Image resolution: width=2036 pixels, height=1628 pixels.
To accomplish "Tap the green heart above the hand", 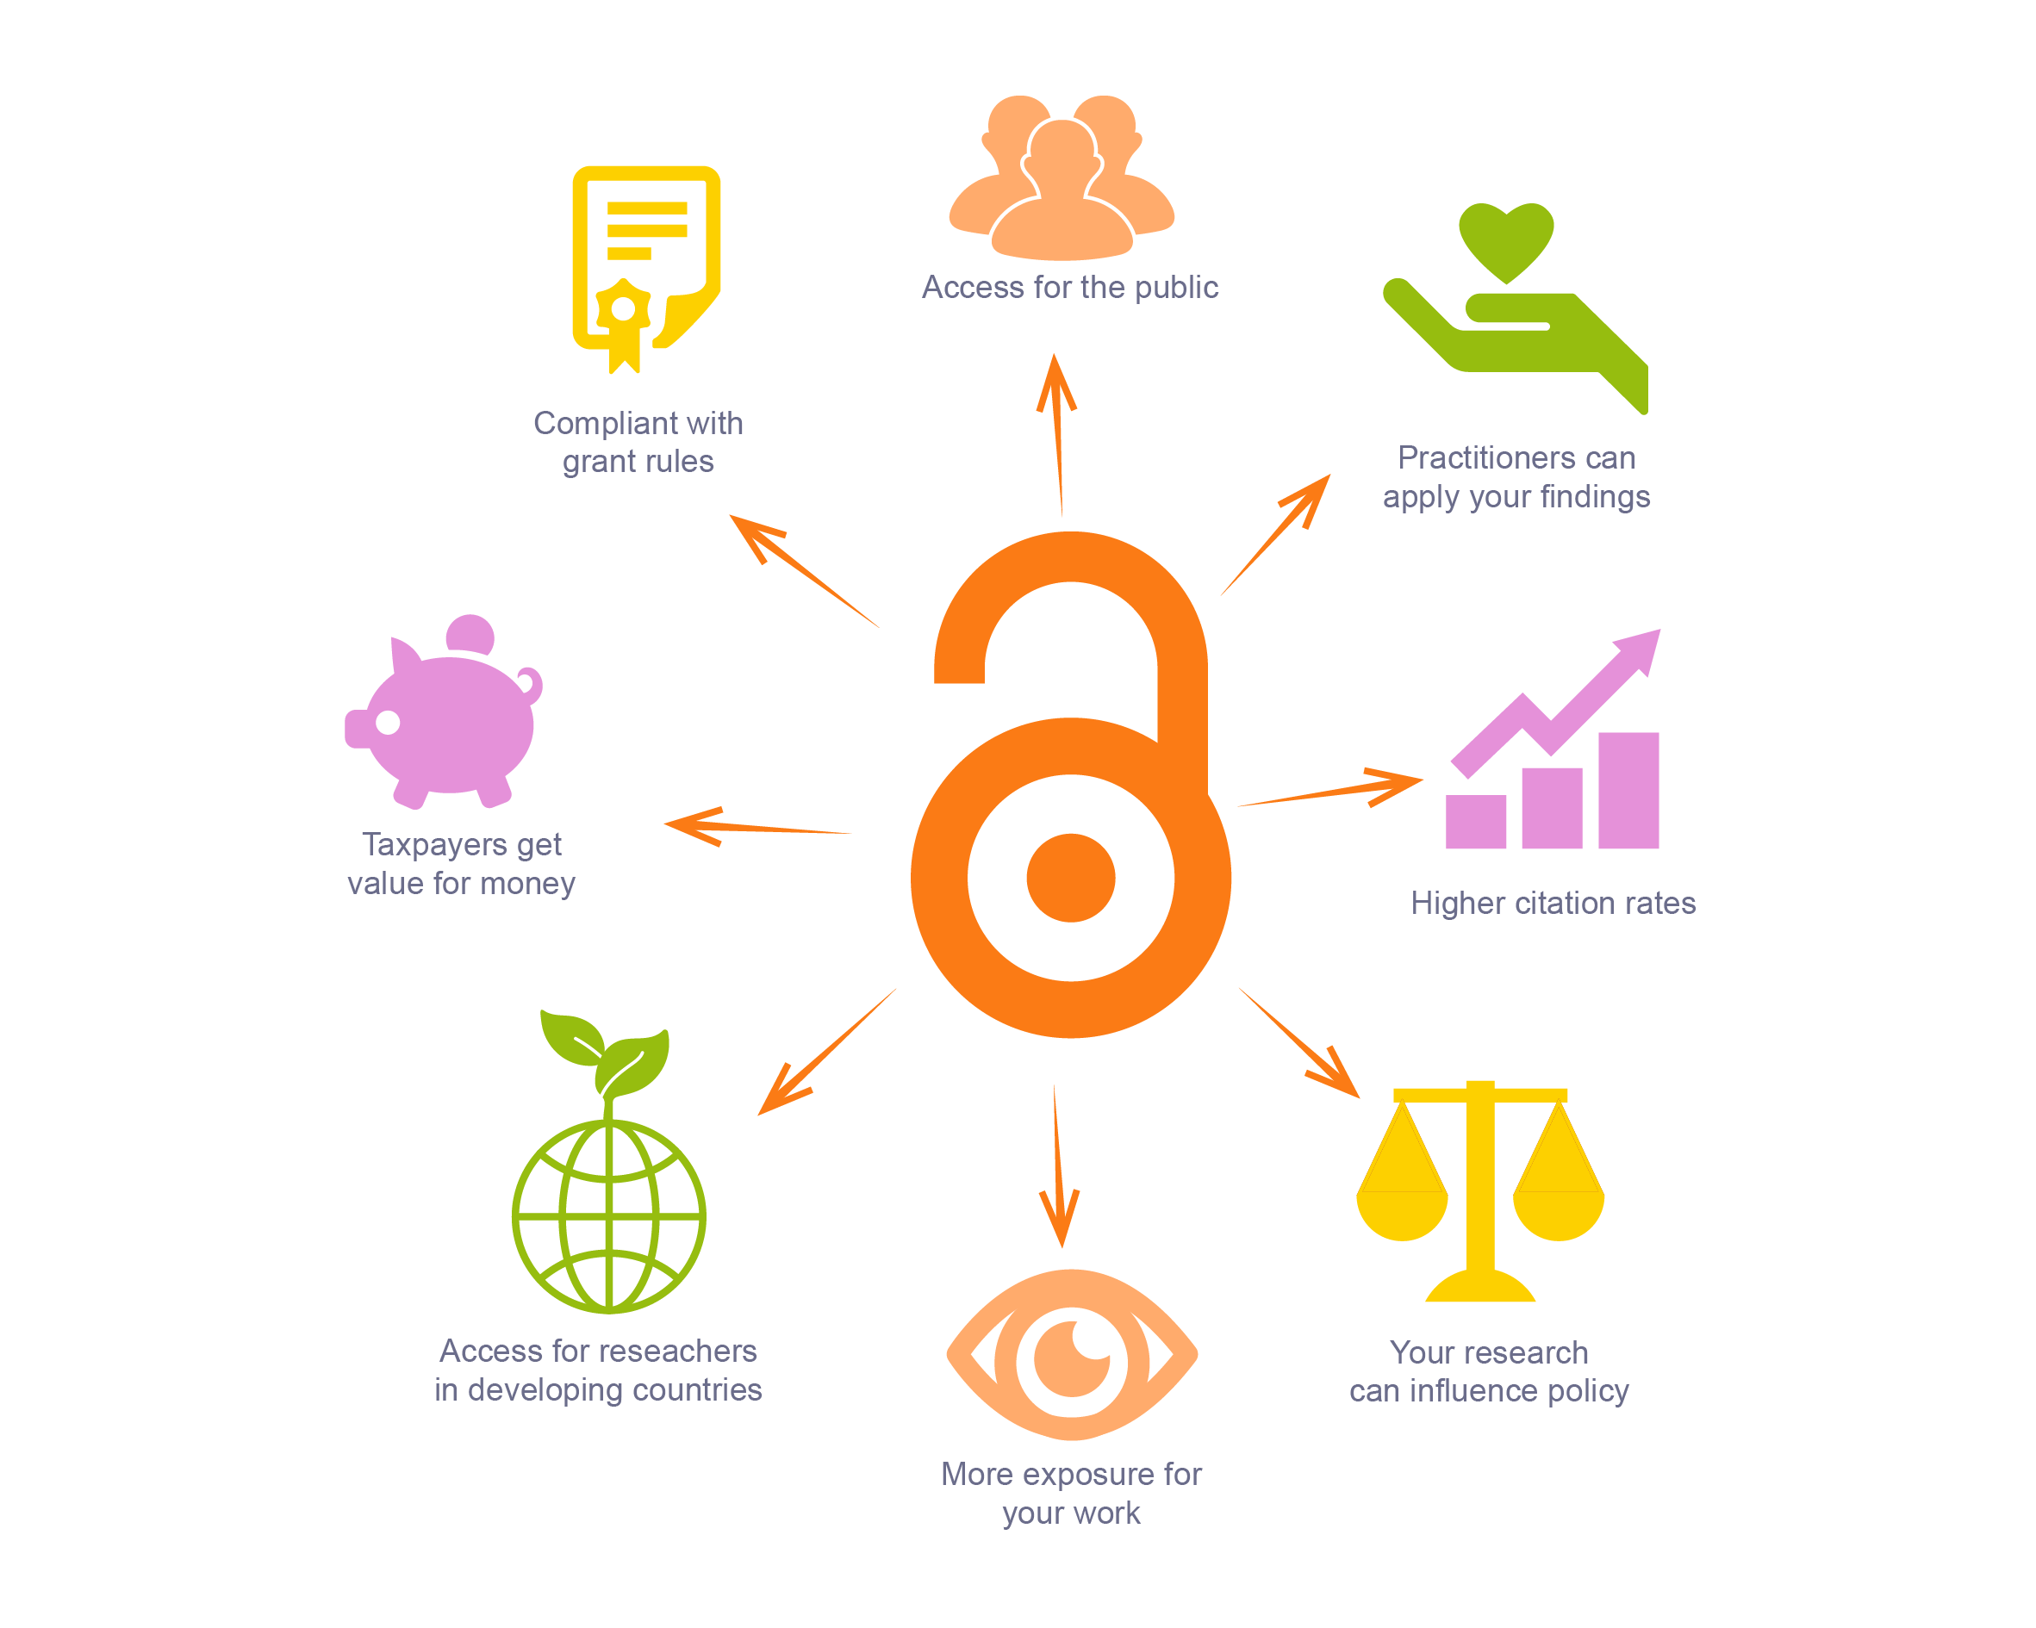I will (x=1505, y=239).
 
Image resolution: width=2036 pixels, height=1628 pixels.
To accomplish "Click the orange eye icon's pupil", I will (x=1072, y=1358).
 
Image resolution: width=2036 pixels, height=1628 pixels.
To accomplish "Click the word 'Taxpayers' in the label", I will (x=433, y=844).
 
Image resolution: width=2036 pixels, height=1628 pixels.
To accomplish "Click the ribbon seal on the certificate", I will (x=624, y=316).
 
